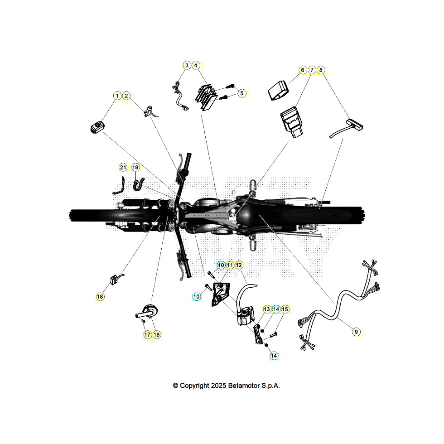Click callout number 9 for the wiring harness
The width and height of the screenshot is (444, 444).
[356, 332]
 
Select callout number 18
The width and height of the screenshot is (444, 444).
[100, 297]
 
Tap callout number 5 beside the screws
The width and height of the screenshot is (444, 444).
[241, 93]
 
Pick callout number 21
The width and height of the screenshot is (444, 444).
[123, 168]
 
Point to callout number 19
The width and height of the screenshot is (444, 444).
[135, 168]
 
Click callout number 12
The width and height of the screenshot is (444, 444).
[239, 265]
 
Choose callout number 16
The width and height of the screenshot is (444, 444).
[157, 335]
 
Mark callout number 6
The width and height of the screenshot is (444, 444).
[303, 70]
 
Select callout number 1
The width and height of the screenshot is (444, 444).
[117, 96]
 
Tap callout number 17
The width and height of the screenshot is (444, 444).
[147, 335]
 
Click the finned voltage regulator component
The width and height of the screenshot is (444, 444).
[206, 97]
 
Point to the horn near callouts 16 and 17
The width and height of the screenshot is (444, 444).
[147, 312]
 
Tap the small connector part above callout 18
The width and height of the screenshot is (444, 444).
[115, 280]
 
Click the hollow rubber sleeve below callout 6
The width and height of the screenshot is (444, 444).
[279, 90]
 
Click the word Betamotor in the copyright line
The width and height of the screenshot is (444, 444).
[244, 386]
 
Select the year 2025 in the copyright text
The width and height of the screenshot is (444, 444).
[218, 386]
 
